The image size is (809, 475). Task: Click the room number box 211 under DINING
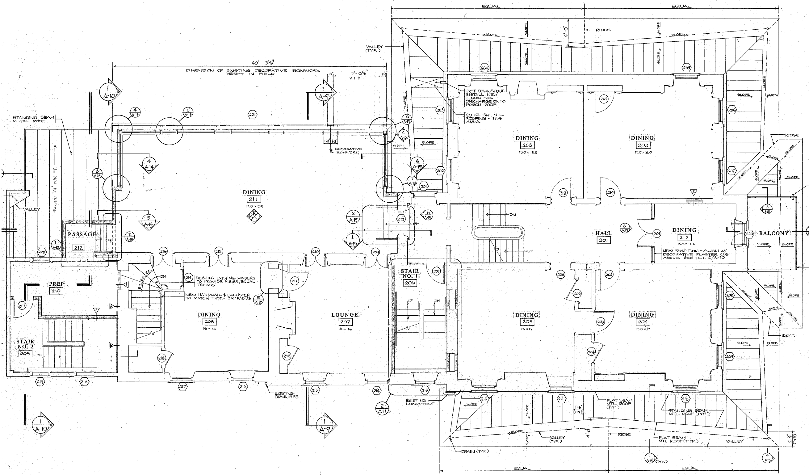[254, 200]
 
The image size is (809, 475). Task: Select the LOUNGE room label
[345, 315]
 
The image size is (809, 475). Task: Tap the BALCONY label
[774, 233]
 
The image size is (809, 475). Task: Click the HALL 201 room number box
[603, 240]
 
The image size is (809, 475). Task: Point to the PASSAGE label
[82, 234]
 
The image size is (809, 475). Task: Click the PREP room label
[57, 284]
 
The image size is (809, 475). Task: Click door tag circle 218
[563, 193]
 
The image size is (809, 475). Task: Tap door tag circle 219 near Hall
[610, 193]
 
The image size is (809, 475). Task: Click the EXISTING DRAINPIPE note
[286, 395]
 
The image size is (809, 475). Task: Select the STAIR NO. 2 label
[25, 344]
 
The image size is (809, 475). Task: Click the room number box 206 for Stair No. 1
[410, 283]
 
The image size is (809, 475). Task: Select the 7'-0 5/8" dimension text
[358, 74]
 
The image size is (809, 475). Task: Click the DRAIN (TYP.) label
[475, 451]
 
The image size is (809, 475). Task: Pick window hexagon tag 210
[685, 399]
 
